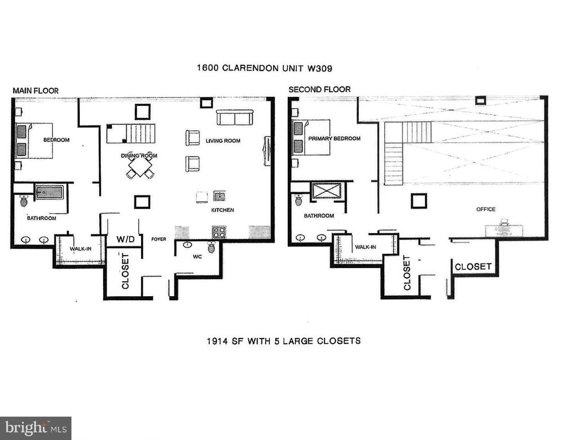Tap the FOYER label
158,239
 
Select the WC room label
197,257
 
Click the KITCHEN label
222,210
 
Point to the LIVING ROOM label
223,140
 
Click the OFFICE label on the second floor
486,209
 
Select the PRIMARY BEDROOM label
334,139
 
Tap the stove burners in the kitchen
218,232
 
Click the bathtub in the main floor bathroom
48,191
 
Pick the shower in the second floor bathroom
327,190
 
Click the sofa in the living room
234,118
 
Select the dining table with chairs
140,167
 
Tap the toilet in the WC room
211,247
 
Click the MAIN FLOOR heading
36,91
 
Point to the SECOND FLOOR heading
319,89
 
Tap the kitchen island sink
219,196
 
